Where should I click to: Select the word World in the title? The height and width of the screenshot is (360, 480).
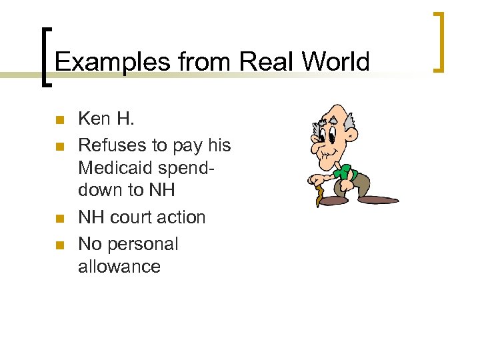[335, 62]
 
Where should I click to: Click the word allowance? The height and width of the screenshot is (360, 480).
[119, 267]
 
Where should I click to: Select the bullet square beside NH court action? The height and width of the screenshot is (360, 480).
[59, 219]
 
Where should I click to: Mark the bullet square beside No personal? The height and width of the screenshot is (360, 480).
[59, 245]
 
